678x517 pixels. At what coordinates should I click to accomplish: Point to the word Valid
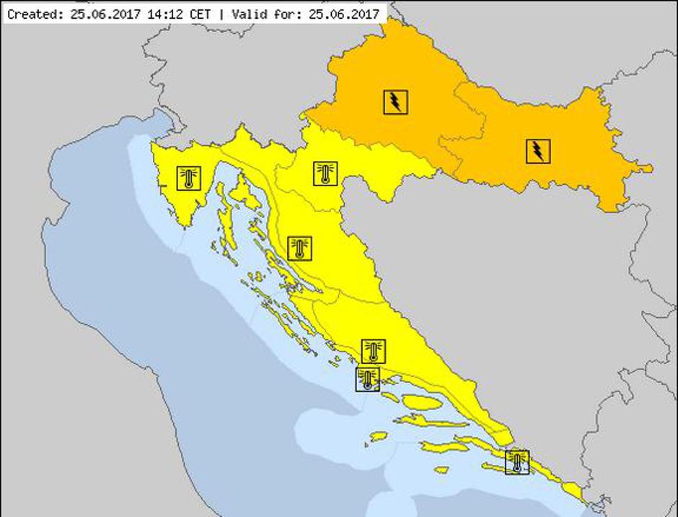[247, 13]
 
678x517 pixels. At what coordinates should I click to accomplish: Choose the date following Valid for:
[345, 13]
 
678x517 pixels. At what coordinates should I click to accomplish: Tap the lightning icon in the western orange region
[395, 102]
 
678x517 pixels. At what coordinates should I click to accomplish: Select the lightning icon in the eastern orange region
[537, 150]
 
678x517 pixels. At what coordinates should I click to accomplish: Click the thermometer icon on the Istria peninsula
[189, 178]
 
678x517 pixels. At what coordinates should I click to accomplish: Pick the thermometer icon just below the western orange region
[325, 173]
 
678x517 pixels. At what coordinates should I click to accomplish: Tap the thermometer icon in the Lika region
[299, 248]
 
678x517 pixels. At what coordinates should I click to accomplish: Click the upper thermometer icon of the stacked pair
[373, 351]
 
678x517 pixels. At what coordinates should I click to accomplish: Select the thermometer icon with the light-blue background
[368, 379]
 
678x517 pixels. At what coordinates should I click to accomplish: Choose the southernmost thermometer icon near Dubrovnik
[517, 461]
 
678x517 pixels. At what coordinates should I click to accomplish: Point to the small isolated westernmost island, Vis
[379, 437]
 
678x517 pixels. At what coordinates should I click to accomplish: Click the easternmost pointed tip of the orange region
[651, 169]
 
